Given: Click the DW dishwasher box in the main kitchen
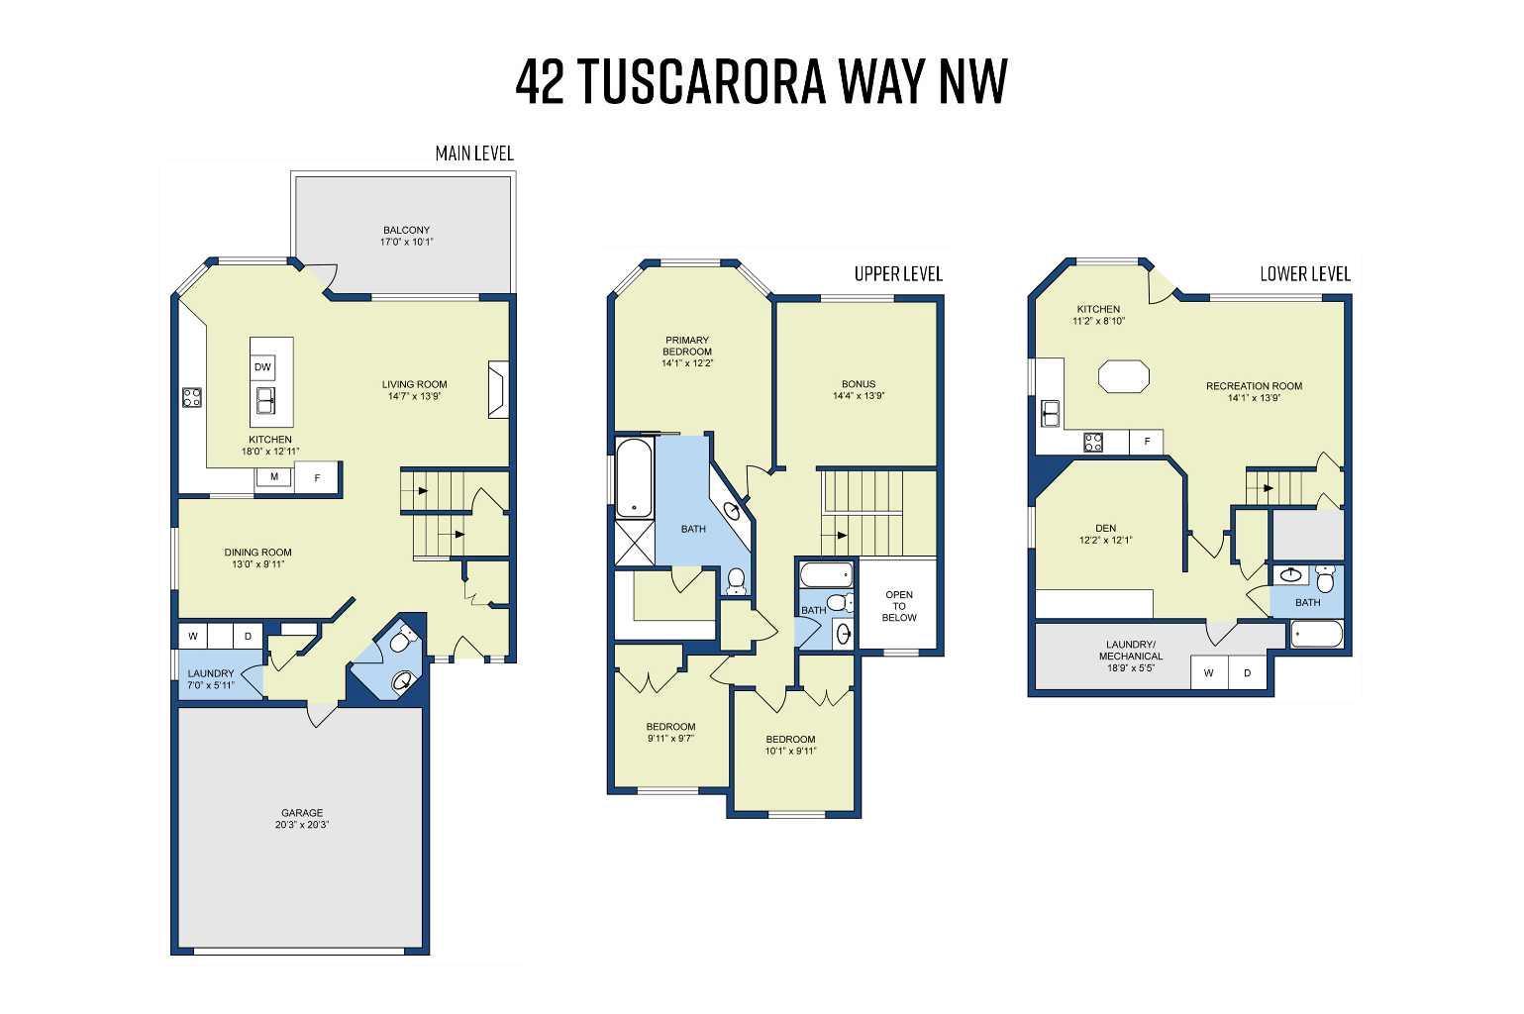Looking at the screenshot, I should click(262, 367).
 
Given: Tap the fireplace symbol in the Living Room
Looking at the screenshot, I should click(497, 390).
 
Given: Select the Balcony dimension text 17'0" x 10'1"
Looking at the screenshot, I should click(406, 242).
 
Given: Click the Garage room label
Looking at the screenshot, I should click(301, 813).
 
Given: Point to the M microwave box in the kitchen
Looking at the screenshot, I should click(274, 477).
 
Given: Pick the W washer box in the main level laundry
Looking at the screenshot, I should click(193, 635).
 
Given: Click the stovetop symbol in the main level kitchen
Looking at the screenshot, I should click(192, 398).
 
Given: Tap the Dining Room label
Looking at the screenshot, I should click(257, 553).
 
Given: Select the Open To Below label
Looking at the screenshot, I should click(899, 606).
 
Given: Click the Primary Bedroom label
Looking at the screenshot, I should click(687, 346).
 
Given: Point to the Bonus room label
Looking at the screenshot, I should click(859, 384).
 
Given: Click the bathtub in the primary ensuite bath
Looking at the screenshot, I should click(634, 480).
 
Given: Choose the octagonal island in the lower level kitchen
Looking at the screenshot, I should click(1124, 377).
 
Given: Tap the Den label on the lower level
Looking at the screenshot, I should click(1105, 528).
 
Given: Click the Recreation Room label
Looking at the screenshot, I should click(1254, 386).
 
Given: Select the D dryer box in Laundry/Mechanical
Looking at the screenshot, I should click(1248, 673).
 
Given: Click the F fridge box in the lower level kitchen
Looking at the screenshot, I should click(1147, 442).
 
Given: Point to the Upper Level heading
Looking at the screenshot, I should click(898, 274).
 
